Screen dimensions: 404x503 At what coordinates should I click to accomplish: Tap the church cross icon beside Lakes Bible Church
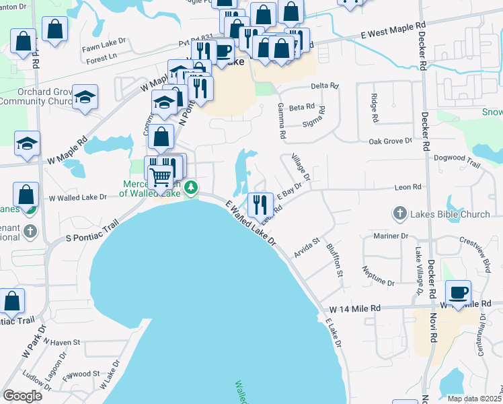399,215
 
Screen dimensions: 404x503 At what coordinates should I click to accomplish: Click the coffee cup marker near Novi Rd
458,294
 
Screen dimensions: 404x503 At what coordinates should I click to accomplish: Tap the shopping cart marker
161,178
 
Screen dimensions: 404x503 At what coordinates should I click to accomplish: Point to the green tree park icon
192,187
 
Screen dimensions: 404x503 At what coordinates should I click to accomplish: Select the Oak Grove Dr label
390,141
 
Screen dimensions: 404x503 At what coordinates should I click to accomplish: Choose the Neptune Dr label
379,277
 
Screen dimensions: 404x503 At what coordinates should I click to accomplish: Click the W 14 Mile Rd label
354,308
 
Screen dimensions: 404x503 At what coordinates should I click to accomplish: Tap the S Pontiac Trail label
91,232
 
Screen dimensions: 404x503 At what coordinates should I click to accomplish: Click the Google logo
23,396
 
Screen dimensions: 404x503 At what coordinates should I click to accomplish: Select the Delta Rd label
322,86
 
